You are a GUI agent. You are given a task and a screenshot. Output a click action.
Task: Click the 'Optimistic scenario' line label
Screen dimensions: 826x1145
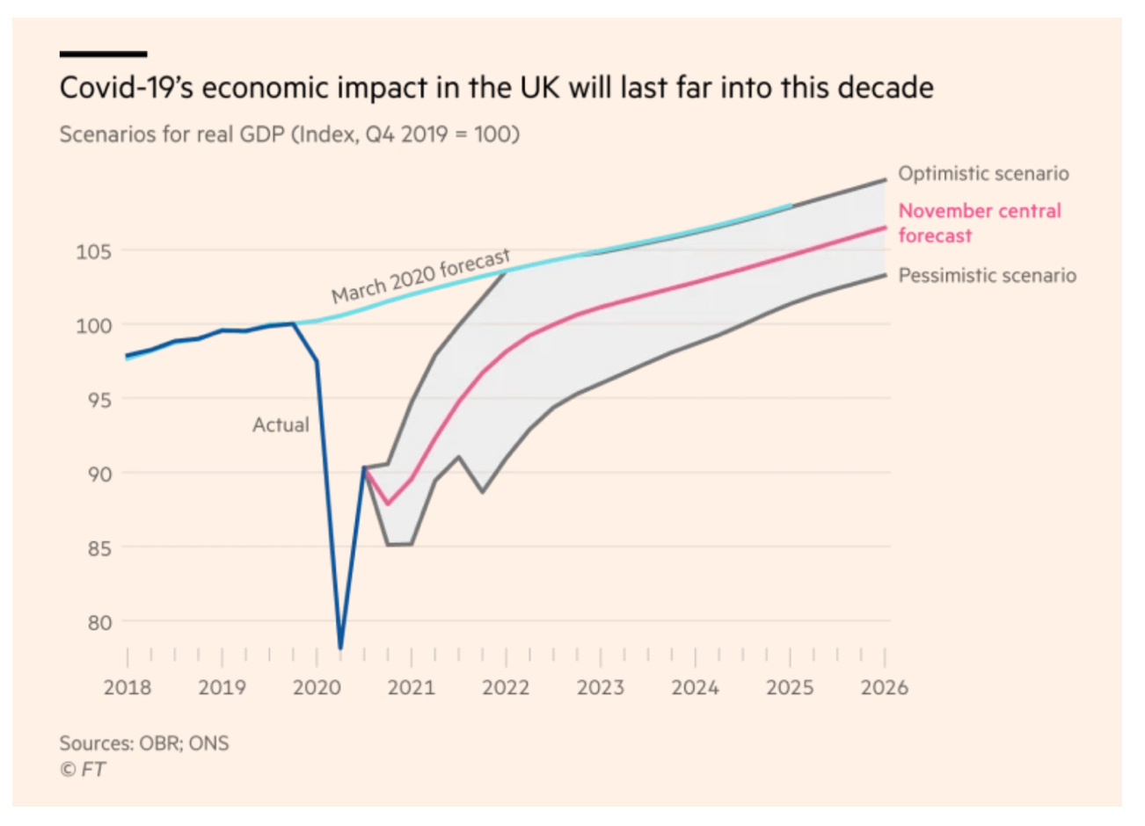(x=983, y=173)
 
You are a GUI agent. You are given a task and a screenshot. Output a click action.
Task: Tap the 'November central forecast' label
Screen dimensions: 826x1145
(x=979, y=223)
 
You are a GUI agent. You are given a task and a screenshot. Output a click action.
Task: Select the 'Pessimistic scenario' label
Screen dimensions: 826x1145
(x=987, y=275)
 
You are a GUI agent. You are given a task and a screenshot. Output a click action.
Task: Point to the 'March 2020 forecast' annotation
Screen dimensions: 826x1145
(x=420, y=276)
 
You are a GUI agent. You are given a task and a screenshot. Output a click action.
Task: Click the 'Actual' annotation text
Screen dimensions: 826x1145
(x=281, y=424)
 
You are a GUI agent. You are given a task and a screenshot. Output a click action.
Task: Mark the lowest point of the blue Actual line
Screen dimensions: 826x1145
(x=340, y=648)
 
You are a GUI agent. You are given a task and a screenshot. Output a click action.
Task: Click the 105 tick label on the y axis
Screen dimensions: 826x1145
(x=93, y=252)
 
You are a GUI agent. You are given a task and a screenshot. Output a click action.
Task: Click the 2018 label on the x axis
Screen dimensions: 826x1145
(x=128, y=687)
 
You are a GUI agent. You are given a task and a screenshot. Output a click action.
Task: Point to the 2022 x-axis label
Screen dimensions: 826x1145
(x=506, y=687)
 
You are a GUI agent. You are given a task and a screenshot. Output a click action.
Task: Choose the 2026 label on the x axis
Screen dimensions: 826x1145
(x=884, y=687)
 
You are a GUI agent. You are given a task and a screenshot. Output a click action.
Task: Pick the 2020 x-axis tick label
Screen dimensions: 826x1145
(x=317, y=687)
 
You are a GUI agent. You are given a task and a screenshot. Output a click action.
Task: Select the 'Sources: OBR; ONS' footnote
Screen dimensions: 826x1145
(x=144, y=743)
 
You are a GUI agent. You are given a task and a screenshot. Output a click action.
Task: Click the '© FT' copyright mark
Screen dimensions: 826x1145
(x=82, y=770)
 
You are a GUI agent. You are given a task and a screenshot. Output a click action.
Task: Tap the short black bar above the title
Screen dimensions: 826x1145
(x=103, y=54)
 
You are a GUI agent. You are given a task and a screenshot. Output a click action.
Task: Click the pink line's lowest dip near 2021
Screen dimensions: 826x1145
(x=388, y=504)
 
